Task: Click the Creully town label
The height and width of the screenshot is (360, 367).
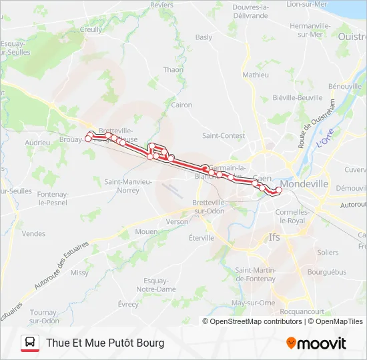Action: (x=91, y=29)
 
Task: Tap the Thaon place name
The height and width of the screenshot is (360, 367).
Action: (x=173, y=69)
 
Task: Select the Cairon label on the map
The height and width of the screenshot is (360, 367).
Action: (x=181, y=105)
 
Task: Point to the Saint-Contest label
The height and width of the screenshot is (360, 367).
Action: (x=224, y=135)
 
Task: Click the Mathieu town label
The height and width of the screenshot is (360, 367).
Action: (x=255, y=75)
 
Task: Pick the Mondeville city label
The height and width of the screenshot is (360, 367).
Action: (x=304, y=183)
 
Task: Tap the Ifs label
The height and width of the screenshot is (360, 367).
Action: (x=274, y=237)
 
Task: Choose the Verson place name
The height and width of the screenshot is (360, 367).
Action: (x=177, y=221)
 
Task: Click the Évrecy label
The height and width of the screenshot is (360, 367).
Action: (x=128, y=304)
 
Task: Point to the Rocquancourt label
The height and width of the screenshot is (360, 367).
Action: (x=302, y=311)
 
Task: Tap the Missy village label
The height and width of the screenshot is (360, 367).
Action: (x=79, y=273)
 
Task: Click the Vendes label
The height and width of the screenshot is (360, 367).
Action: (x=33, y=234)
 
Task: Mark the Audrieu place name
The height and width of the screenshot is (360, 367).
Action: (x=37, y=143)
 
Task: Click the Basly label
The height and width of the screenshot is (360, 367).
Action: (x=204, y=37)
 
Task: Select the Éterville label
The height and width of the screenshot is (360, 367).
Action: (x=202, y=237)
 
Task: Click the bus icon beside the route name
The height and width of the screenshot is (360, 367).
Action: (x=30, y=343)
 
